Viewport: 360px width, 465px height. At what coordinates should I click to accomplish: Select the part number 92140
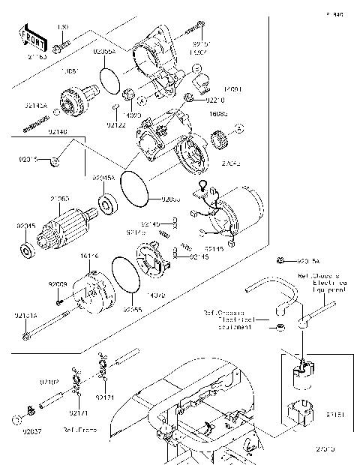[x=37, y=131]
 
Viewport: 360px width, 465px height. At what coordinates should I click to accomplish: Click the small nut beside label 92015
[x=57, y=160]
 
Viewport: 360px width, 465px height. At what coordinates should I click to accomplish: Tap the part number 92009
[x=58, y=284]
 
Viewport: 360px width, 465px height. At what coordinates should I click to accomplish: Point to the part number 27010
[x=325, y=448]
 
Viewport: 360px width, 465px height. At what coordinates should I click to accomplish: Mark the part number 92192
[x=49, y=382]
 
